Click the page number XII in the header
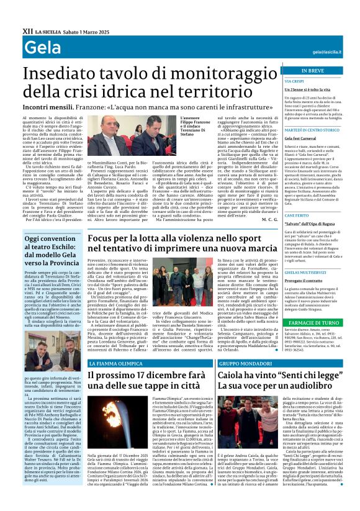(27, 30)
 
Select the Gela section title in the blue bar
(38, 48)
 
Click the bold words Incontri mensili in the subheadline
(45, 106)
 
